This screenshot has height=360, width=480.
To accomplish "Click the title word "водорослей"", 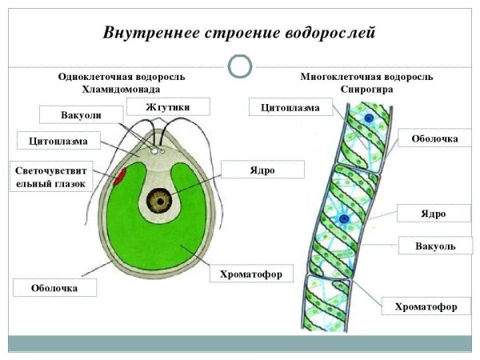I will click(326, 33).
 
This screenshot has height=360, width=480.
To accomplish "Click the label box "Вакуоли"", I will click(81, 115).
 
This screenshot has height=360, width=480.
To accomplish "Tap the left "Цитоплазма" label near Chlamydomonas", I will click(58, 142).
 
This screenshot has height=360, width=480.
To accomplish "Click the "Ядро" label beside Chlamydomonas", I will click(262, 169).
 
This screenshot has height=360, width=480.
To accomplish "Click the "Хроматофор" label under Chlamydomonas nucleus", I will click(250, 274).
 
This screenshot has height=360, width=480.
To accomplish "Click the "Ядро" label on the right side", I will click(433, 214).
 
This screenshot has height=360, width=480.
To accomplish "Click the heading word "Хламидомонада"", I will click(122, 90).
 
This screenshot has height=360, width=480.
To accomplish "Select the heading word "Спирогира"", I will click(366, 90).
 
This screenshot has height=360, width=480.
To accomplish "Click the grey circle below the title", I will click(240, 66).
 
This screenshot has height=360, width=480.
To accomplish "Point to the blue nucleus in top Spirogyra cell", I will click(370, 118).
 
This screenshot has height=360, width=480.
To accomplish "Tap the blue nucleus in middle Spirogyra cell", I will click(345, 217).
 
